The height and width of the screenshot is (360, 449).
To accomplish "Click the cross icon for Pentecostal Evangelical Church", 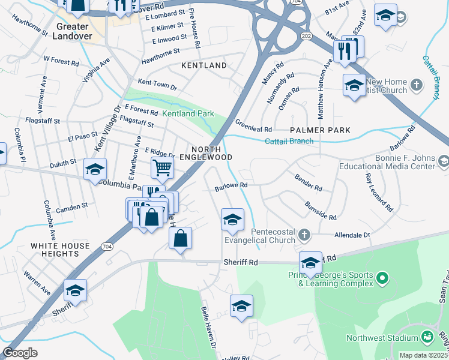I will click(304, 235).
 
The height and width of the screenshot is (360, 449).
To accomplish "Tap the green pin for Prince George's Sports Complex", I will click(382, 278).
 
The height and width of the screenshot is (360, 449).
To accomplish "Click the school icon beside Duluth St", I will click(95, 170).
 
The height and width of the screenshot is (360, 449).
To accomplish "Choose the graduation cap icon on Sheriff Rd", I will click(310, 263).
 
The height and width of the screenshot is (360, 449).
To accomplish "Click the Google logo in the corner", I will click(20, 353).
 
